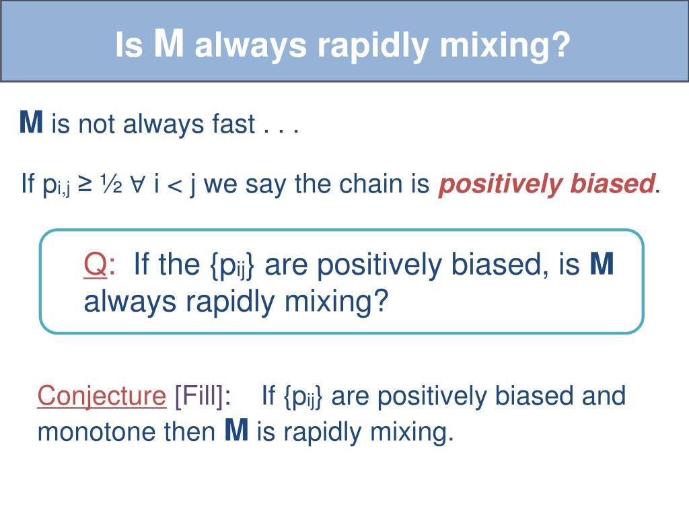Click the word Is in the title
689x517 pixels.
point(129,45)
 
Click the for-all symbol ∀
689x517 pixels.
point(137,184)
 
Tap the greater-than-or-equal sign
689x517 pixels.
point(85,184)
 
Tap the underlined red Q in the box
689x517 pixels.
point(96,264)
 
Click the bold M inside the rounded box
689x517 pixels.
point(602,263)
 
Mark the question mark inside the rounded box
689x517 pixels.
point(381,301)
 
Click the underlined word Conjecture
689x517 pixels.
point(102,396)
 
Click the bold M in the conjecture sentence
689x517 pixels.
point(236,430)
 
